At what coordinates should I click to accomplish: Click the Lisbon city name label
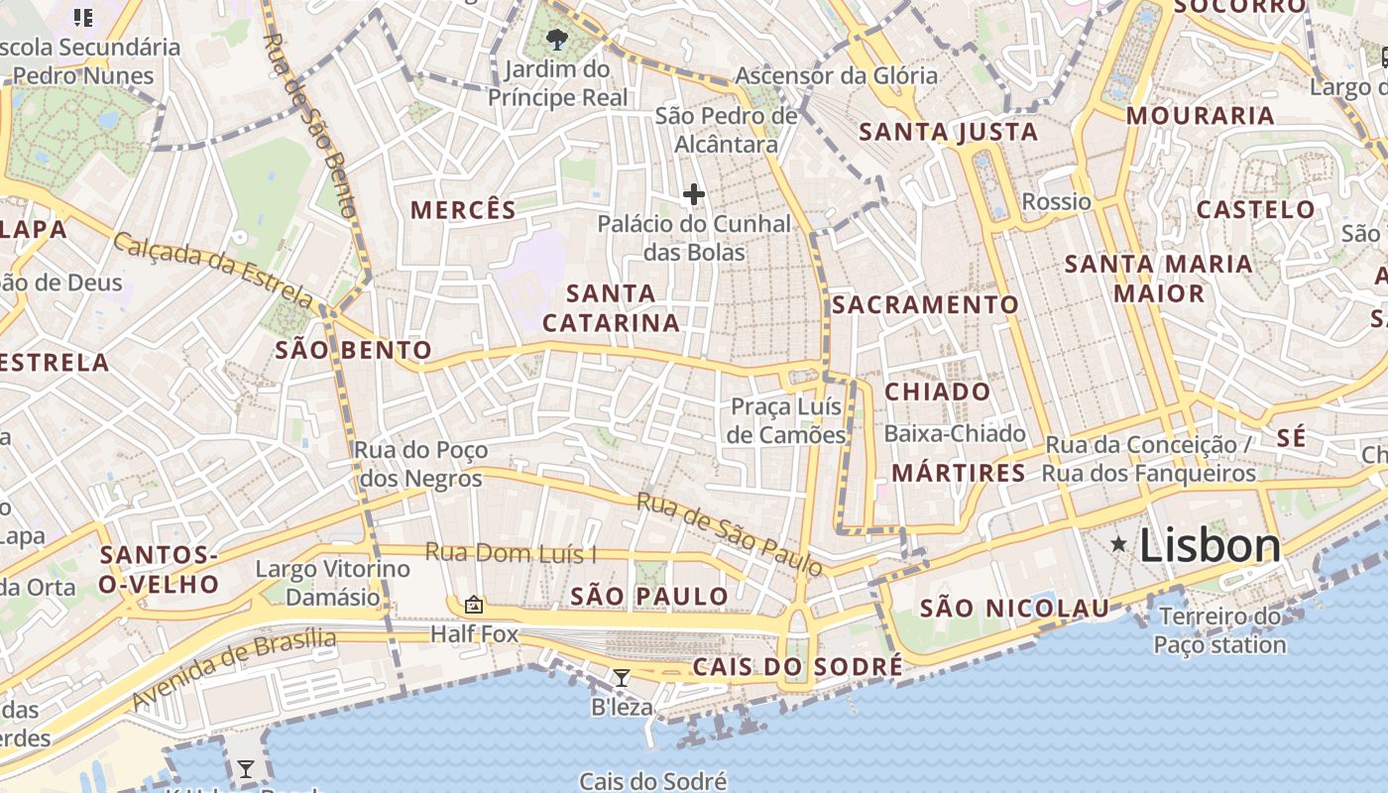[1211, 545]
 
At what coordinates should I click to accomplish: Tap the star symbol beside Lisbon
[1118, 543]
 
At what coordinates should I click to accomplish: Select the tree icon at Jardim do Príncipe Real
[557, 40]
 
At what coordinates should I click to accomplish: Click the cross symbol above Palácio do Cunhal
[693, 194]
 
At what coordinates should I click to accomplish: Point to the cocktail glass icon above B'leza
[622, 678]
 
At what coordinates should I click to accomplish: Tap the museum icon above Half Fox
[474, 604]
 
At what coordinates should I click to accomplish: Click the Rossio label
[1057, 202]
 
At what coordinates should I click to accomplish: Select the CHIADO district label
[937, 392]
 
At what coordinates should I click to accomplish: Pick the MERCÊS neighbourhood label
[463, 210]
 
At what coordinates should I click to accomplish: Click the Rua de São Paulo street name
[729, 534]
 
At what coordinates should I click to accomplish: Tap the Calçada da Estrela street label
[213, 269]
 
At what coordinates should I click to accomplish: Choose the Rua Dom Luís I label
[511, 553]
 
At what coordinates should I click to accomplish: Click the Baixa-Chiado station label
[954, 433]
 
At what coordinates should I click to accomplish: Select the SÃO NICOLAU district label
[1014, 608]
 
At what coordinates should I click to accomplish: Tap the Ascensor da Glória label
[836, 75]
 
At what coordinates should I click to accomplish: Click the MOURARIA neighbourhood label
[1200, 116]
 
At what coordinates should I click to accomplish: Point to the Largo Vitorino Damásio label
[332, 583]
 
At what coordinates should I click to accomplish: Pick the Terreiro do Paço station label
[1219, 630]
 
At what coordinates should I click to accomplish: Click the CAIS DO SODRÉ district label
[797, 666]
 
